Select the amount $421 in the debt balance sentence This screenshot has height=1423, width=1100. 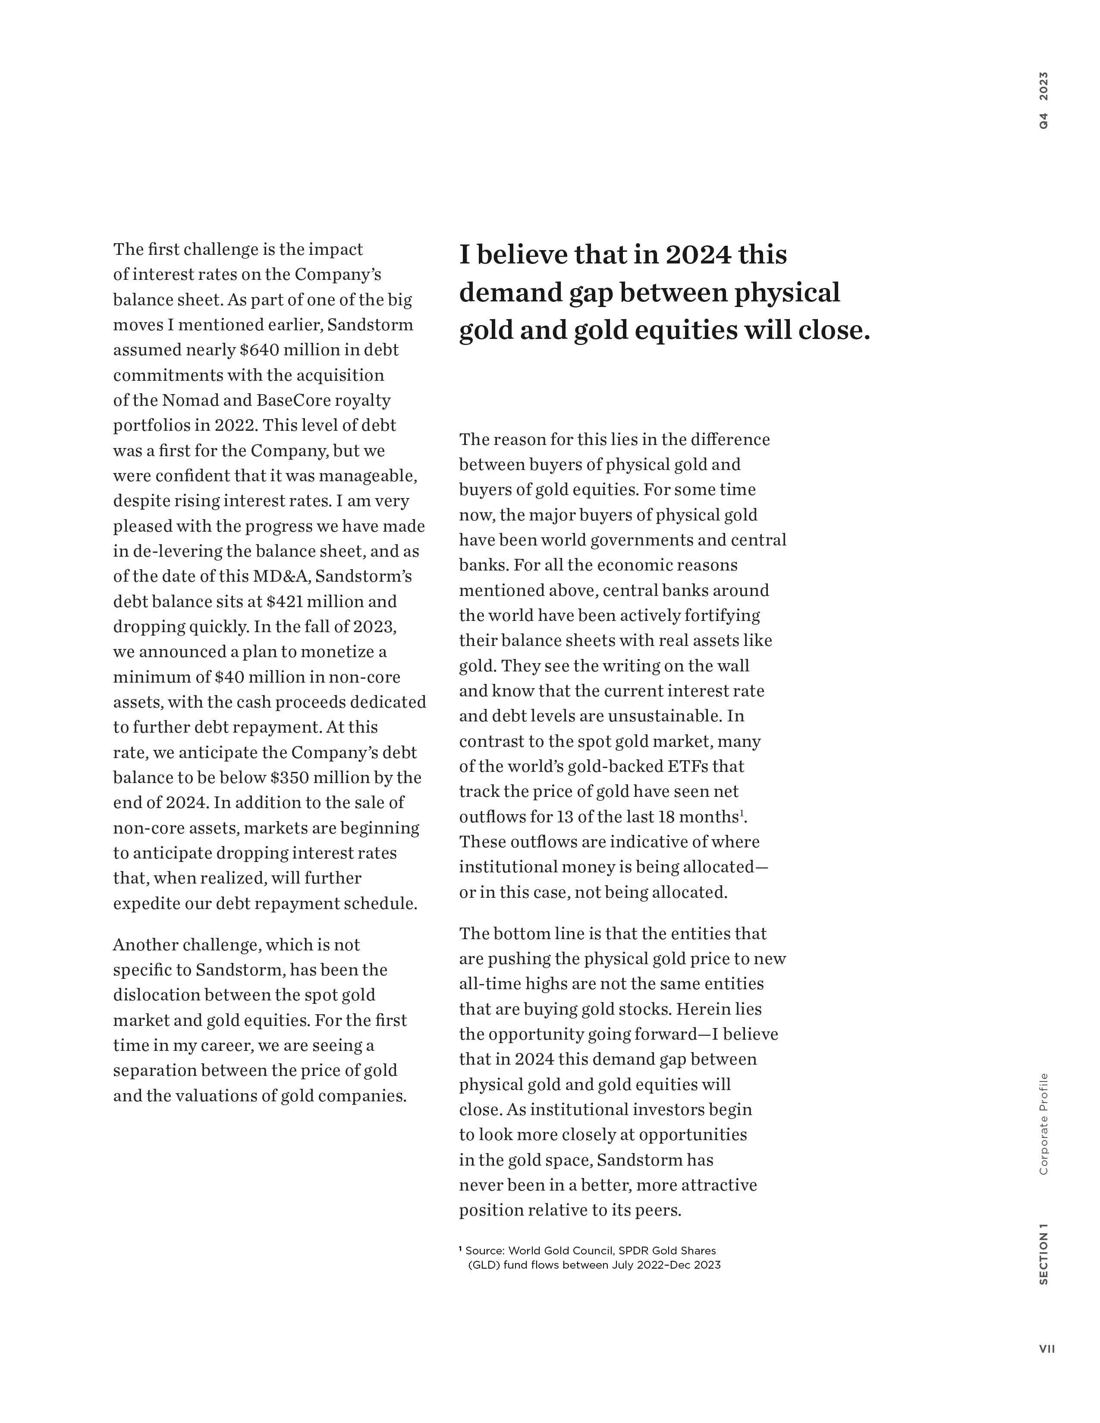pyautogui.click(x=286, y=602)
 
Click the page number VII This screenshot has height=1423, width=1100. pyautogui.click(x=1047, y=1349)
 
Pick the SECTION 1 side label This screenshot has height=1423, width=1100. pyautogui.click(x=1044, y=1254)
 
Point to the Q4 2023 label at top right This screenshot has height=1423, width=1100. pyautogui.click(x=1044, y=100)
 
